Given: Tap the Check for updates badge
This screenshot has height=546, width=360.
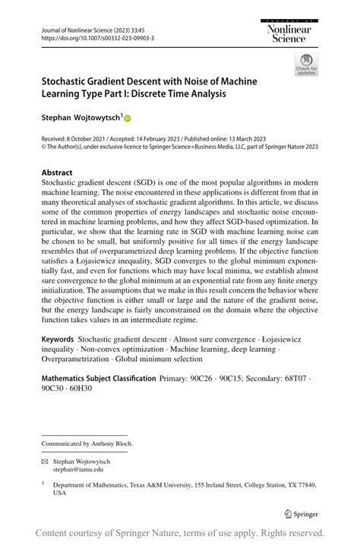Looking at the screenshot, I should click(x=307, y=64).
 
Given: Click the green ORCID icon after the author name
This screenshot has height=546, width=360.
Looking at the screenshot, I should click(x=128, y=118).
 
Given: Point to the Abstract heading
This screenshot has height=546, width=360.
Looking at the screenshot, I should click(x=57, y=172).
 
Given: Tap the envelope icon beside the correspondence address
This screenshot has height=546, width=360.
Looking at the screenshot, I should click(x=46, y=461).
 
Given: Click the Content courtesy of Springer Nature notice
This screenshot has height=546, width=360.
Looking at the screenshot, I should click(x=180, y=532).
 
